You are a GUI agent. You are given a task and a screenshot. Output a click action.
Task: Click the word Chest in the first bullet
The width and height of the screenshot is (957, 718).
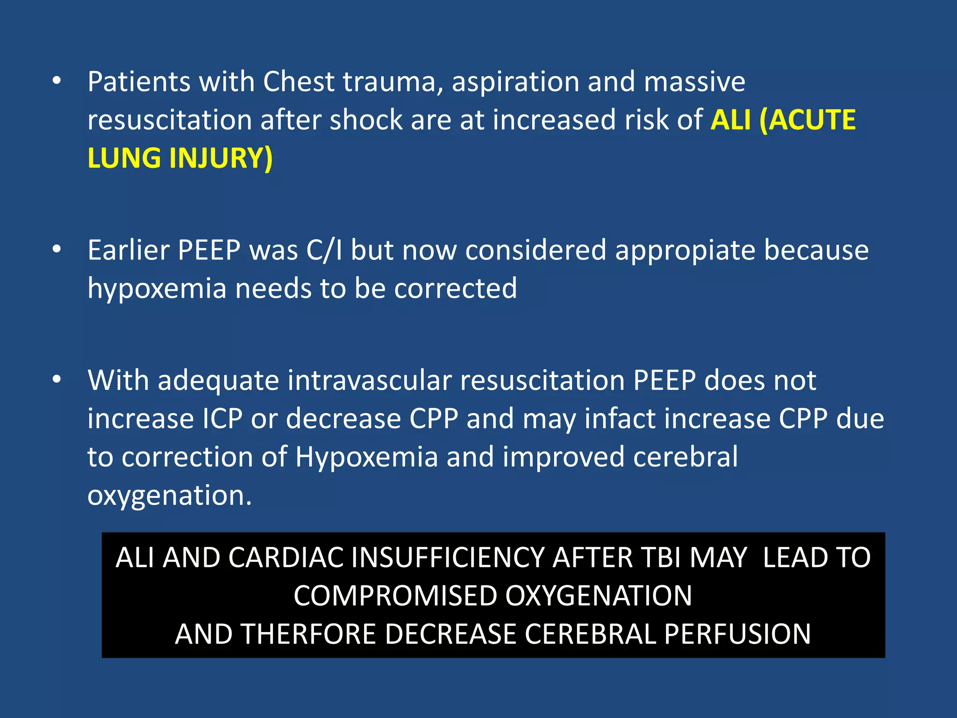298,82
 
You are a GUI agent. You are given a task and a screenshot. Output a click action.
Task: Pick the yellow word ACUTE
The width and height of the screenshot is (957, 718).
813,120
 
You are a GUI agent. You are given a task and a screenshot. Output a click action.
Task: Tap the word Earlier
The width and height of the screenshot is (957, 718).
128,250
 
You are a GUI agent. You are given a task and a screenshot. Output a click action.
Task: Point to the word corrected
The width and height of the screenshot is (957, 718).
456,288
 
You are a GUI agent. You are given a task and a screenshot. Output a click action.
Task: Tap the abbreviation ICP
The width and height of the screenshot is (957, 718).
222,418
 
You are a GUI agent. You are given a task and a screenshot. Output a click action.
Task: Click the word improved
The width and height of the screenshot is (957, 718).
564,457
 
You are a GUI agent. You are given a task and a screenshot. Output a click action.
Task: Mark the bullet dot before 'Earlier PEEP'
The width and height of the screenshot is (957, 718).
57,249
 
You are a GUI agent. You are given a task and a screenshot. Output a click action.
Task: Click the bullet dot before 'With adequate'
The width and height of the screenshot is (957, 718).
57,379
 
